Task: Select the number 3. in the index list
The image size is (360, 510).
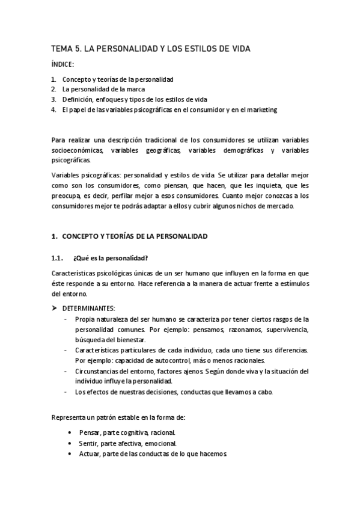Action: point(53,99)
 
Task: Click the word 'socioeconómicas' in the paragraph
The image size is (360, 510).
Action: point(78,150)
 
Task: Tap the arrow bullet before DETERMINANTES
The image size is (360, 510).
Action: point(54,308)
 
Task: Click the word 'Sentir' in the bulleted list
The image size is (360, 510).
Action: point(87,443)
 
